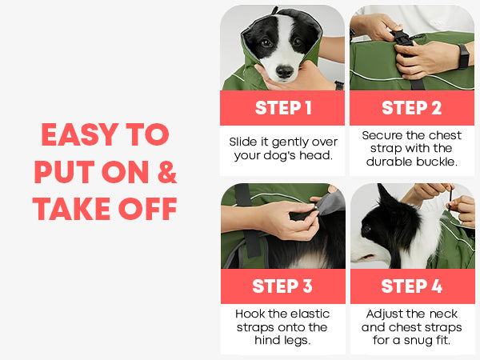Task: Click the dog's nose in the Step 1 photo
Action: [284, 71]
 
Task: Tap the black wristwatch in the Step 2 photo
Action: [463, 57]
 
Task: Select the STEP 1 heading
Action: [283, 108]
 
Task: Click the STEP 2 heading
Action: [412, 108]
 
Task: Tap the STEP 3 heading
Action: [282, 286]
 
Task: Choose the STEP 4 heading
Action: [412, 286]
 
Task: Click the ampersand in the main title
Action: [167, 171]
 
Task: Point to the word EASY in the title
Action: [80, 134]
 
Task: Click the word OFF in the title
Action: [147, 209]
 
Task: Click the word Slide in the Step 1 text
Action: [243, 142]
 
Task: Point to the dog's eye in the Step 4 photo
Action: [367, 228]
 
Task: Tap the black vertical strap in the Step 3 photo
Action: [248, 221]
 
